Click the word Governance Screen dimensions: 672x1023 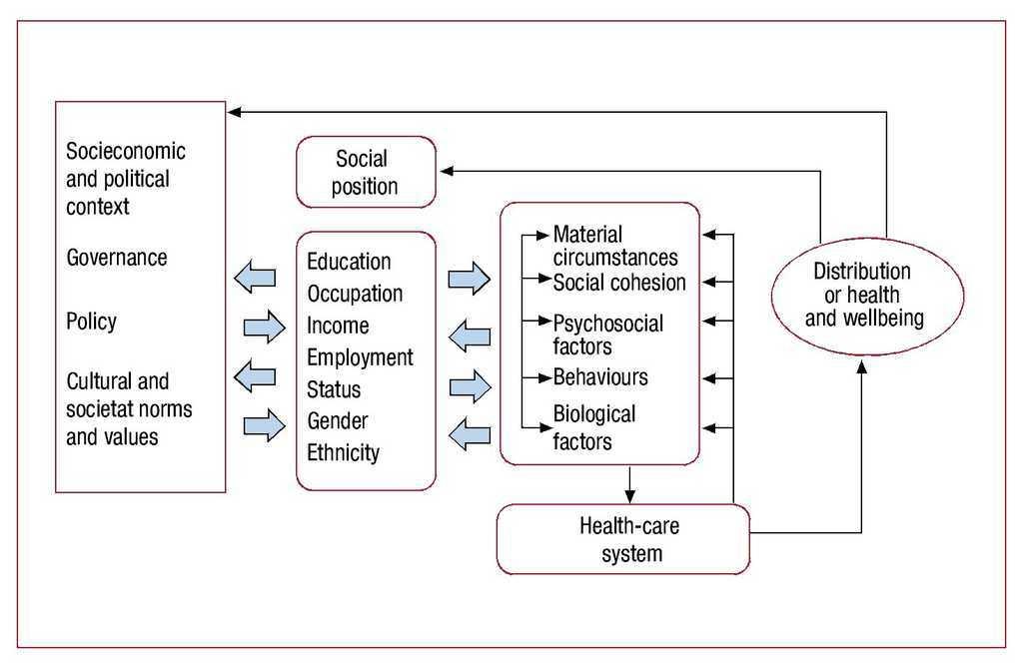tap(116, 258)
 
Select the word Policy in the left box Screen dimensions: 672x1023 tap(91, 322)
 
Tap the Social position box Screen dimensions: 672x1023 tap(366, 172)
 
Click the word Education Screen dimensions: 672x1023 tap(349, 262)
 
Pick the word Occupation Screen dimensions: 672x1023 tap(355, 294)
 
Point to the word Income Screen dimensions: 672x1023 tap(338, 326)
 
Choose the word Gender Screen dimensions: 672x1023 tap(338, 421)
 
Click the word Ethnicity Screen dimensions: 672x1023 tap(344, 452)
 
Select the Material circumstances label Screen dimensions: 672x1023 tap(615, 246)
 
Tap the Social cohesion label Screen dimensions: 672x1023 tap(619, 283)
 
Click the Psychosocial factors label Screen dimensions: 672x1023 tap(607, 335)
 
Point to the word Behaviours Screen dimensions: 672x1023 tap(600, 377)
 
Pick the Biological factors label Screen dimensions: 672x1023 tap(593, 426)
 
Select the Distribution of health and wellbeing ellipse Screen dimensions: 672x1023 tap(867, 295)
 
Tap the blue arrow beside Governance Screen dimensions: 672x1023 tap(255, 277)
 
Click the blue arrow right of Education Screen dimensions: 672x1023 tap(469, 278)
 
